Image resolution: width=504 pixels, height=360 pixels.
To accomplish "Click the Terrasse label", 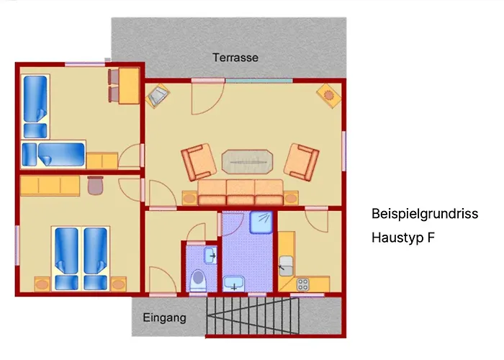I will point(235,57).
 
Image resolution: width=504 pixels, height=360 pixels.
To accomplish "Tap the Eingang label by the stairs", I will point(164,318).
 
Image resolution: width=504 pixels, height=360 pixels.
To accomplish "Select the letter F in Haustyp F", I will point(431,237).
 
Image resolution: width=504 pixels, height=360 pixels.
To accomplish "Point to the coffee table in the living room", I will point(248,162).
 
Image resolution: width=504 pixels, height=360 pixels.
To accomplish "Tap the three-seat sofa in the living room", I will point(240,192).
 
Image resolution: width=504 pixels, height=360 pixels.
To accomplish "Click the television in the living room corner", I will point(158,96).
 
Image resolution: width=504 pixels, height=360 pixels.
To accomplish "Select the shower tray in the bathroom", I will point(261,223).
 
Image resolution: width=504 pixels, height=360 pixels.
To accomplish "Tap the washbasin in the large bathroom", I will point(233,283).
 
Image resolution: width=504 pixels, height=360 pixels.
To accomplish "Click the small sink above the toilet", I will point(210,255).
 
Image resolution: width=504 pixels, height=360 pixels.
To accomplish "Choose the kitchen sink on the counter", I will point(285,264).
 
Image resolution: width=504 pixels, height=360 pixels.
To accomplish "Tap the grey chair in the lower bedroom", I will point(96,186).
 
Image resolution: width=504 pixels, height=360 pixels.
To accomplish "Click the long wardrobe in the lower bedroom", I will point(50,187).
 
